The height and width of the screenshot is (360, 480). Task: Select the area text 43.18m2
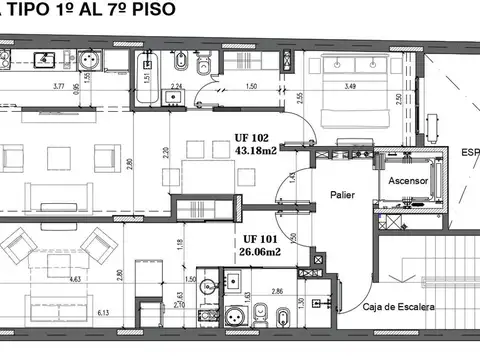[256, 151]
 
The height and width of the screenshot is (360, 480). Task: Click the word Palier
[343, 196]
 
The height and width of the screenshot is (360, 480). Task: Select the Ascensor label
[409, 183]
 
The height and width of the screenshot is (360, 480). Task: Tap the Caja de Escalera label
[398, 306]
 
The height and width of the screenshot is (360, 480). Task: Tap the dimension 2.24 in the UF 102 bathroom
[176, 87]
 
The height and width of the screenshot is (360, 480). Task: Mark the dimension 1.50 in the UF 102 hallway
[252, 87]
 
